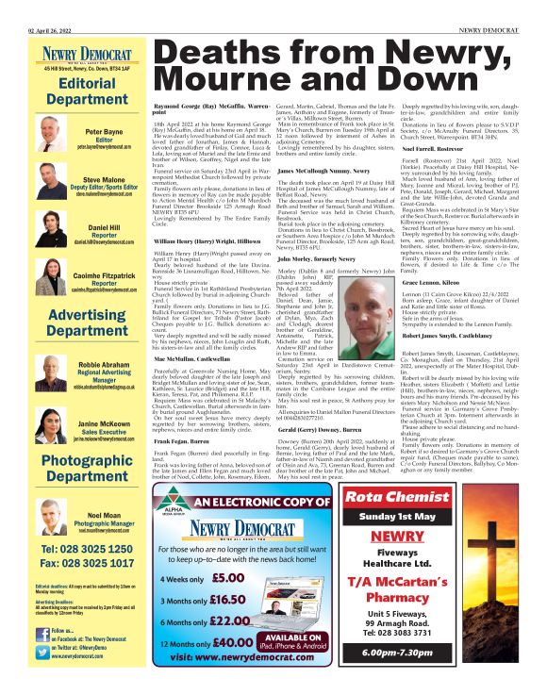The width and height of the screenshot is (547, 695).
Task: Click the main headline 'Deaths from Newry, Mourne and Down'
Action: coord(337,64)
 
